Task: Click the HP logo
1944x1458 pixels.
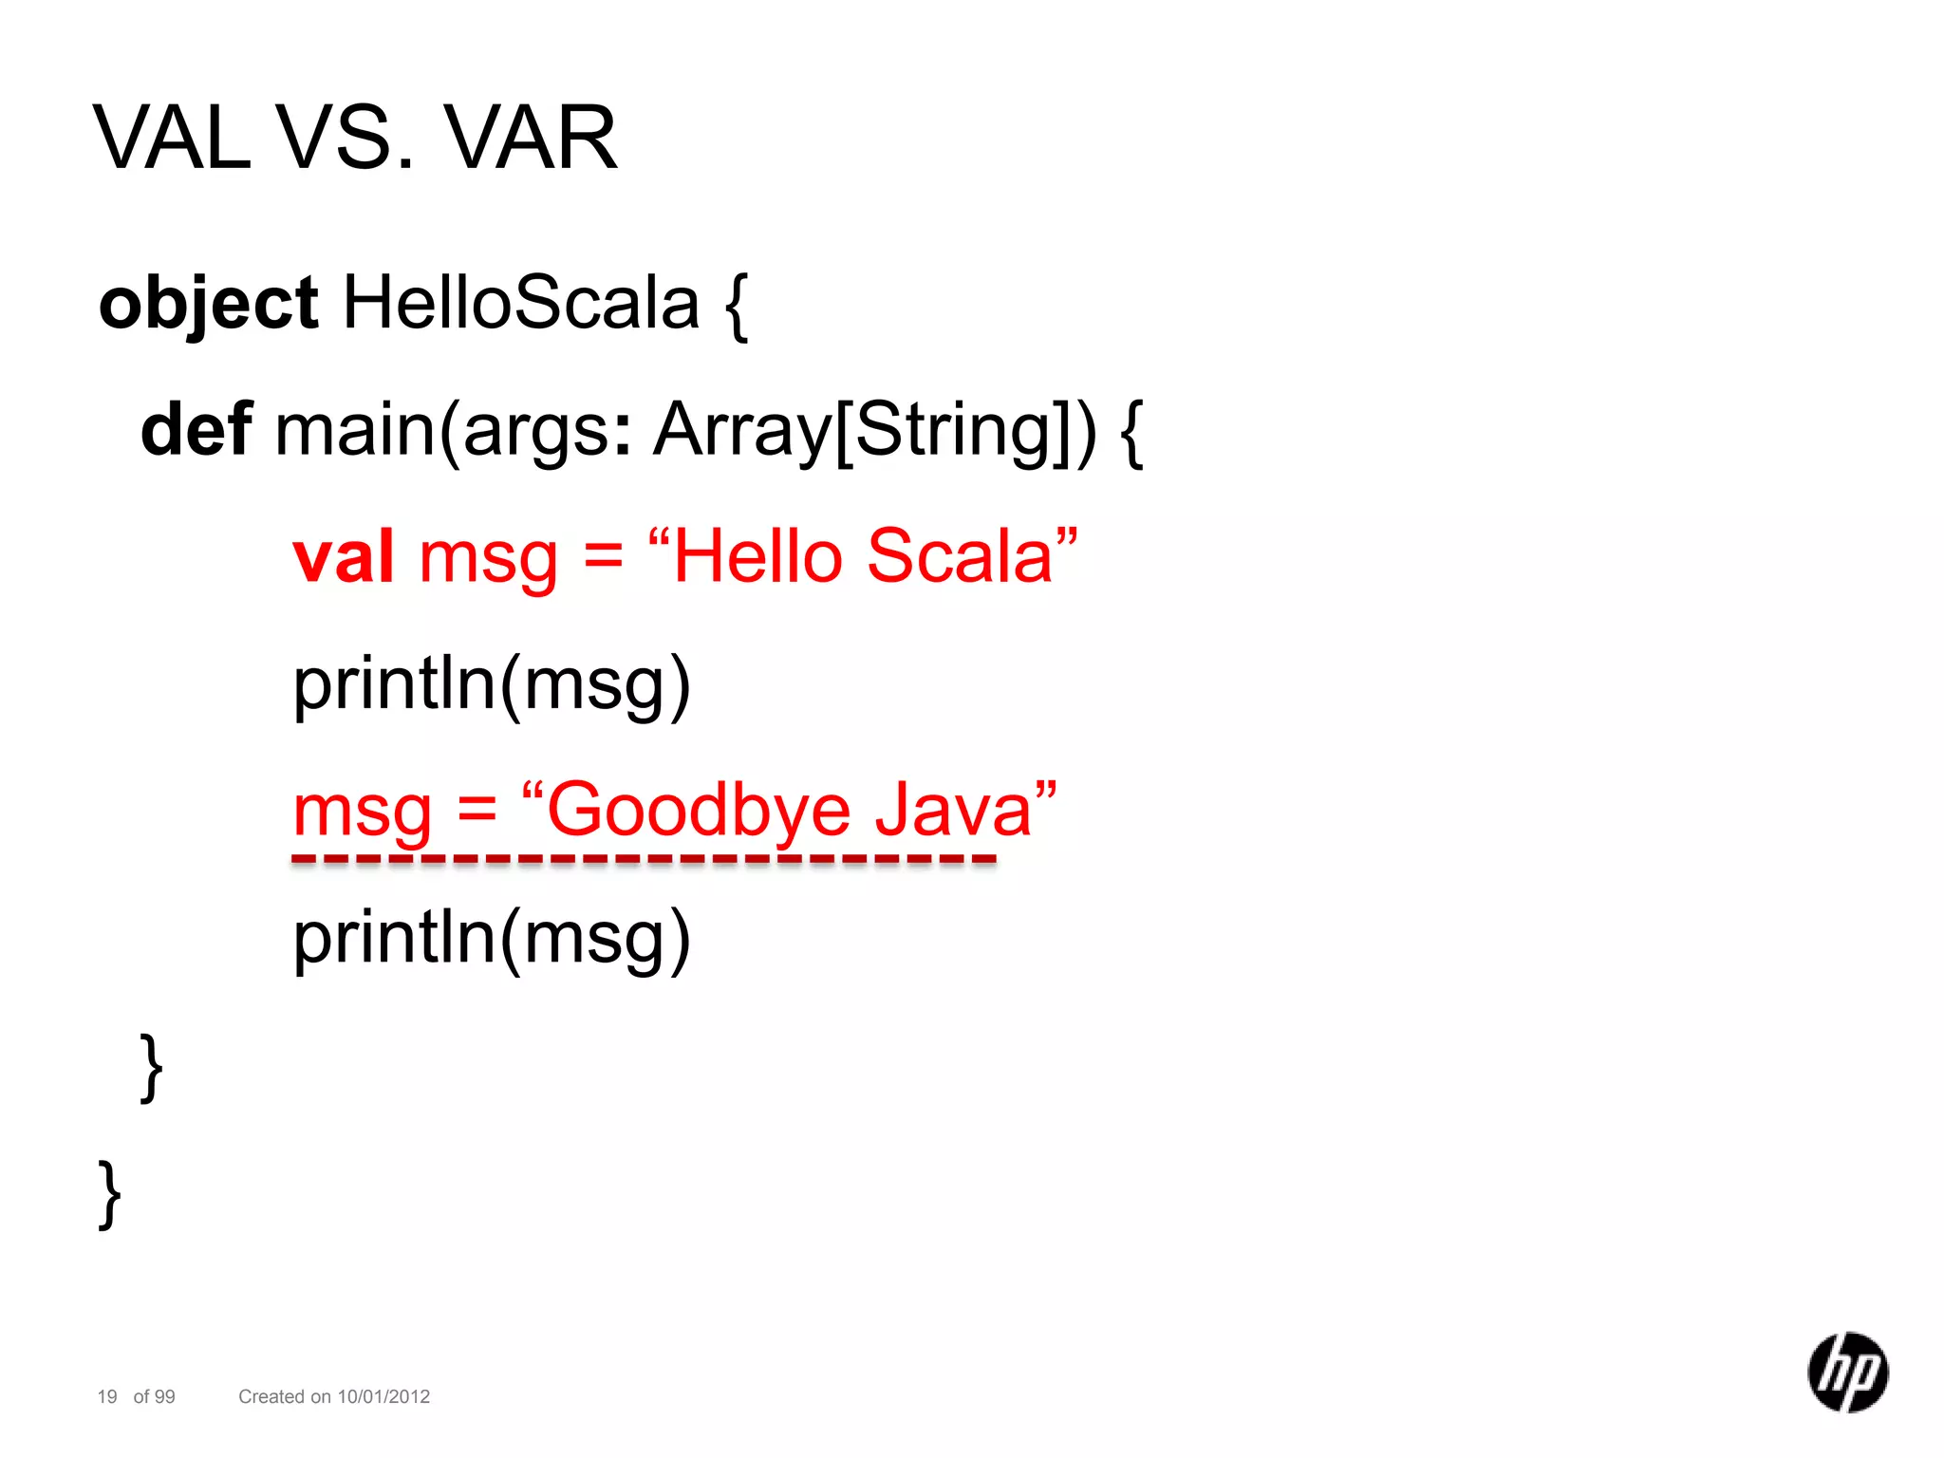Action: pyautogui.click(x=1847, y=1372)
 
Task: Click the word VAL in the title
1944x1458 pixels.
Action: pyautogui.click(x=173, y=139)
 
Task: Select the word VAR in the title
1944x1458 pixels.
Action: pyautogui.click(x=532, y=139)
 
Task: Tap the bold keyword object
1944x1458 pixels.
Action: pyautogui.click(x=208, y=304)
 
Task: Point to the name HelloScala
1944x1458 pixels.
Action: pyautogui.click(x=520, y=304)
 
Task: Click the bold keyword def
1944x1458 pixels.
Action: pyautogui.click(x=196, y=430)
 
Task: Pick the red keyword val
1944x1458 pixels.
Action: pyautogui.click(x=343, y=557)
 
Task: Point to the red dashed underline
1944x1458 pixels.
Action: pyautogui.click(x=644, y=860)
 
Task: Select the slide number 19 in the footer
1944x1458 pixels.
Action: pyautogui.click(x=107, y=1396)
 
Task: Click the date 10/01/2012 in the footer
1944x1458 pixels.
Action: pyautogui.click(x=383, y=1396)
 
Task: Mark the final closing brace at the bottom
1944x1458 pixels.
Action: pyautogui.click(x=110, y=1193)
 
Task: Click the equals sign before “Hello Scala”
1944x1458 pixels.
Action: pyautogui.click(x=604, y=557)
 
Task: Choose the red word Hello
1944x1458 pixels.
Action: pyautogui.click(x=757, y=557)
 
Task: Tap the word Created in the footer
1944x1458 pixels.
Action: pyautogui.click(x=271, y=1396)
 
